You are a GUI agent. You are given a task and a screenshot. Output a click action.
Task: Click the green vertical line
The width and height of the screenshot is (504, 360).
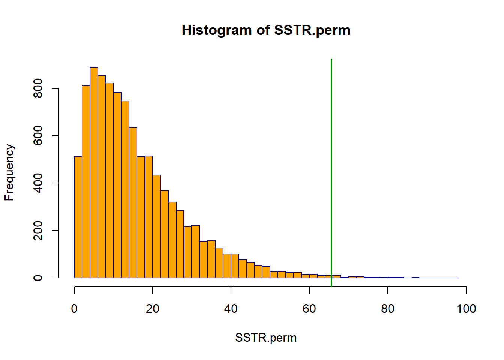point(331,173)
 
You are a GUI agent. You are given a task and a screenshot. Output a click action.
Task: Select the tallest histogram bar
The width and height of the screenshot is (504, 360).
point(94,172)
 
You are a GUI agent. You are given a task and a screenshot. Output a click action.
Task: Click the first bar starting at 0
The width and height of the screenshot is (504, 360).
point(78,217)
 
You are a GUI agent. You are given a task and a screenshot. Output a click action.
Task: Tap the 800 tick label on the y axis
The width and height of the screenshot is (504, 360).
point(38,88)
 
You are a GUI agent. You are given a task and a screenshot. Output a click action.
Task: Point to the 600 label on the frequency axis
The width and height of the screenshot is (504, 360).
point(38,135)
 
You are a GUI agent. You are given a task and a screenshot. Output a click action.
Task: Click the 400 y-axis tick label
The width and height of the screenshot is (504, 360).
point(38,183)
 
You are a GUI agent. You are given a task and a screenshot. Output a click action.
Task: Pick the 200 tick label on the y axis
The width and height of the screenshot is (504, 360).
point(38,231)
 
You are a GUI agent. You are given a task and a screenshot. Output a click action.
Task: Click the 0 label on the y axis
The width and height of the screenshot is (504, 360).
point(38,278)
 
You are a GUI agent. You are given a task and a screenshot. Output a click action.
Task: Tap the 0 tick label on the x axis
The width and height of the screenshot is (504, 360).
point(74,309)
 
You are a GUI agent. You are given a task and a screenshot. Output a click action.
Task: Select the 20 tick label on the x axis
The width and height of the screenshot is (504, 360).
point(153,309)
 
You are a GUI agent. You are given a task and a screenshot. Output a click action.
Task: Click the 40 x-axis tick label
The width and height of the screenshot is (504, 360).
point(231,309)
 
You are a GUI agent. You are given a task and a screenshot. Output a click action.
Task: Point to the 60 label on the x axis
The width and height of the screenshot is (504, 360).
point(309,309)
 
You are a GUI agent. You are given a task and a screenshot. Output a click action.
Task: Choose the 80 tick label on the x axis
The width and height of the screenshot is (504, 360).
point(388,309)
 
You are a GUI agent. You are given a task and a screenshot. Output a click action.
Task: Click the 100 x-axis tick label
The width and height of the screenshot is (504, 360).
point(466,309)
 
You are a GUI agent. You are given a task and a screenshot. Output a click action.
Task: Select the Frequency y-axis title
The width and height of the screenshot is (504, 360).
point(9,172)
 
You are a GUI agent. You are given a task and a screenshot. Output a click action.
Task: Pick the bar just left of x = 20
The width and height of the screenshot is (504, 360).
point(149,217)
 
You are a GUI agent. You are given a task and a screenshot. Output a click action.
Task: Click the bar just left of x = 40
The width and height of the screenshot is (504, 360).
point(227,266)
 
